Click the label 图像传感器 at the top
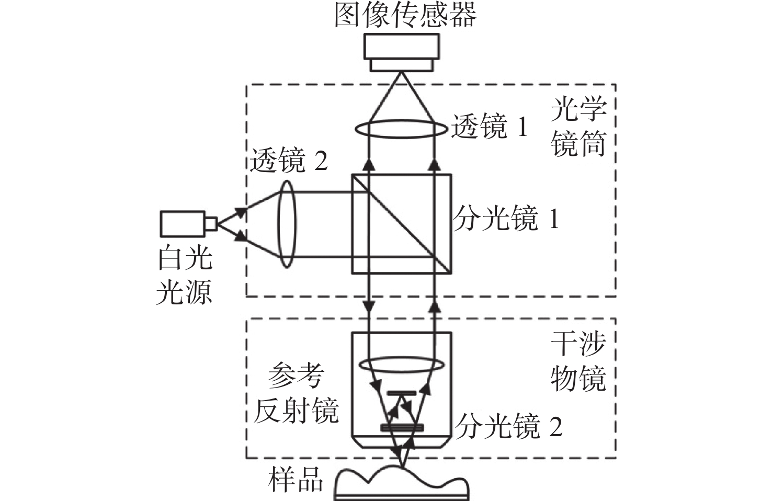point(405,15)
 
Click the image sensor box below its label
point(402,52)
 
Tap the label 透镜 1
point(490,126)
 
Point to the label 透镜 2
point(289,160)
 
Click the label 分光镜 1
point(506,218)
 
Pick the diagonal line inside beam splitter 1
point(402,224)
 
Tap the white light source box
point(183,224)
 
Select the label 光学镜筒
point(578,126)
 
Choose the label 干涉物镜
point(578,362)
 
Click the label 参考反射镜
point(296,393)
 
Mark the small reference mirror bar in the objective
point(402,393)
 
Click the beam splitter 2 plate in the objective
point(402,428)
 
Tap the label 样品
point(296,480)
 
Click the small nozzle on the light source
point(211,224)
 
